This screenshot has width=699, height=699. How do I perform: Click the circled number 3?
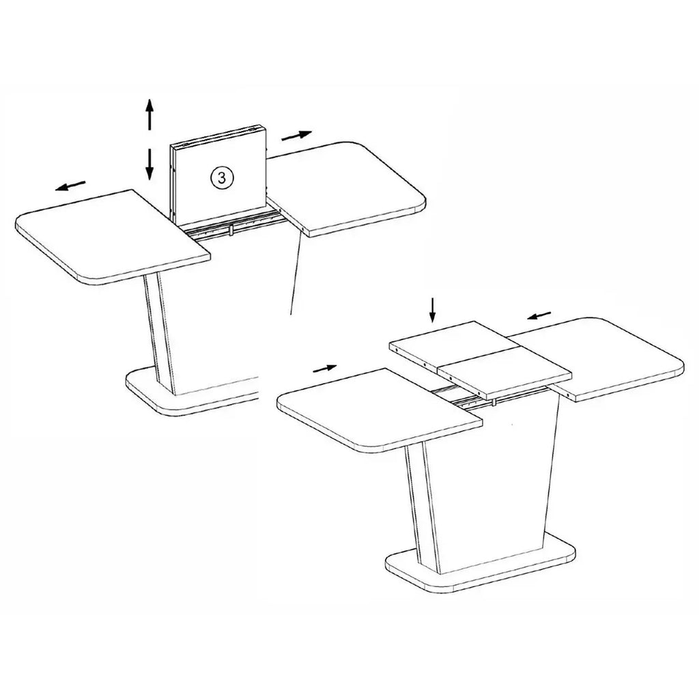tap(222, 177)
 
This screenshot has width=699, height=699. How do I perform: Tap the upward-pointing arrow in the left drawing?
tap(149, 115)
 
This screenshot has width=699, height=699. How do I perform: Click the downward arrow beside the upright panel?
tap(149, 165)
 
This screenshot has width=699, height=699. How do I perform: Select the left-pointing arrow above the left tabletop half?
tap(70, 186)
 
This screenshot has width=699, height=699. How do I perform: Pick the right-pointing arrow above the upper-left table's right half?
tap(297, 135)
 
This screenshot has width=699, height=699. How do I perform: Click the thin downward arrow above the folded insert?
tap(431, 311)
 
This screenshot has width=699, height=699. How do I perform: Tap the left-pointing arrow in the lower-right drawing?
tap(539, 315)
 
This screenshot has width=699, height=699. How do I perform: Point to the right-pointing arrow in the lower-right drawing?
tap(324, 368)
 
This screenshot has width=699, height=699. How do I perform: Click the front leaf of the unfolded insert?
tap(504, 372)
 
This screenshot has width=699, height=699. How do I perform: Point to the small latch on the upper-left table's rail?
tap(231, 230)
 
